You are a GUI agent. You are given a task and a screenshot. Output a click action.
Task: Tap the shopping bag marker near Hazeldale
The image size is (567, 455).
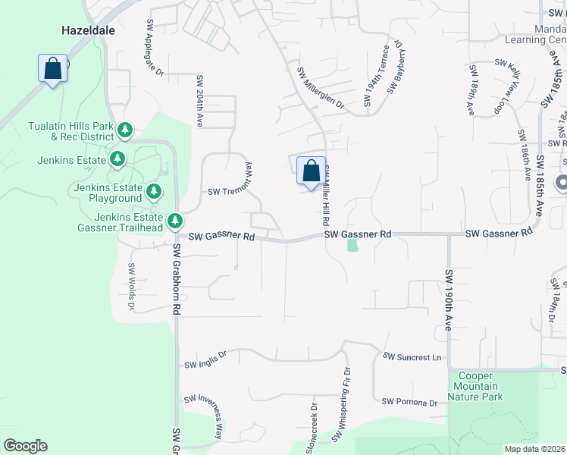[52, 69]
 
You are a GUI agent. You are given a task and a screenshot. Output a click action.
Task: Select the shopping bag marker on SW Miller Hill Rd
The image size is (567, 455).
[311, 171]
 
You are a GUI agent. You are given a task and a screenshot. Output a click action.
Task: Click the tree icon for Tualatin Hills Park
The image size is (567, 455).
[125, 132]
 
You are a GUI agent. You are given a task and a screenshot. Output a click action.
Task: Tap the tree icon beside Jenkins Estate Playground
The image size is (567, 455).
[154, 192]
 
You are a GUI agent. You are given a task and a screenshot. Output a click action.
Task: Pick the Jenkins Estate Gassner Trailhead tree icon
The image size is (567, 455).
[175, 221]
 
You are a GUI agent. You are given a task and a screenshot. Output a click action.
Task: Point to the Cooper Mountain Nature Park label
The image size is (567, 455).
[475, 386]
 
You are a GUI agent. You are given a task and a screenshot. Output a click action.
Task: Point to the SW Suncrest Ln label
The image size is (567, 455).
[412, 356]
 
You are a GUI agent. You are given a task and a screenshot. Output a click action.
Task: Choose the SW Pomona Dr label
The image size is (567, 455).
[410, 402]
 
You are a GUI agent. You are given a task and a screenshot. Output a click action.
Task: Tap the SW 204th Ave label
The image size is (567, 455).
[200, 101]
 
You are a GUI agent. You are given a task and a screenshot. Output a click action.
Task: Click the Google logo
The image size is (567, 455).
[25, 446]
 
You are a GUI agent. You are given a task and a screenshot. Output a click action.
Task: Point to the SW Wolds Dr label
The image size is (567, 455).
[131, 286]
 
